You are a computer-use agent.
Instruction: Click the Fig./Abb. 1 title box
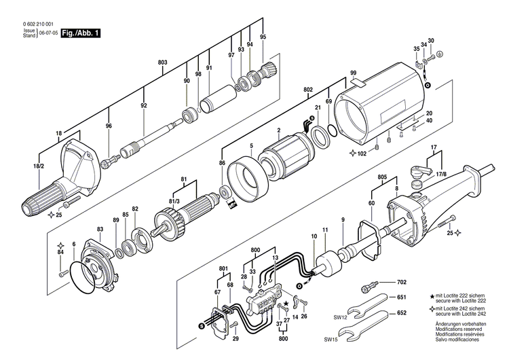[x=80, y=32]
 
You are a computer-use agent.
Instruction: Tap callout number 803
[x=162, y=62]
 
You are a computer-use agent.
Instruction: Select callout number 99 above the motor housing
[x=353, y=73]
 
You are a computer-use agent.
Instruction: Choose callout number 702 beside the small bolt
[x=402, y=281]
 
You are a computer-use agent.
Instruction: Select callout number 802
[x=308, y=90]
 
